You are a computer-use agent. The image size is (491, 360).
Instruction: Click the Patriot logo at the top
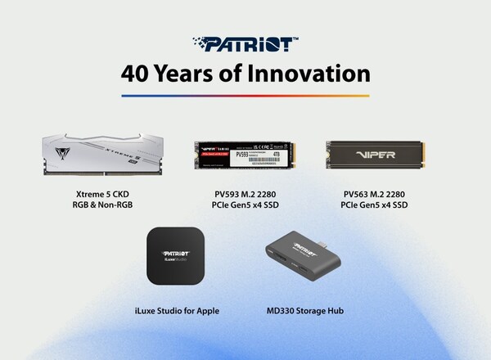pyautogui.click(x=245, y=43)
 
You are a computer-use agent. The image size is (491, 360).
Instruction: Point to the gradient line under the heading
pyautogui.click(x=245, y=95)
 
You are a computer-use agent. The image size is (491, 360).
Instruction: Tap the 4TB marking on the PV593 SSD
pyautogui.click(x=277, y=151)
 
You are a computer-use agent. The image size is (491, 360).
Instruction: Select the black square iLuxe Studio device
pyautogui.click(x=174, y=254)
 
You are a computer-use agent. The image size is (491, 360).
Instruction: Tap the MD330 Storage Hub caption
pyautogui.click(x=302, y=309)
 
